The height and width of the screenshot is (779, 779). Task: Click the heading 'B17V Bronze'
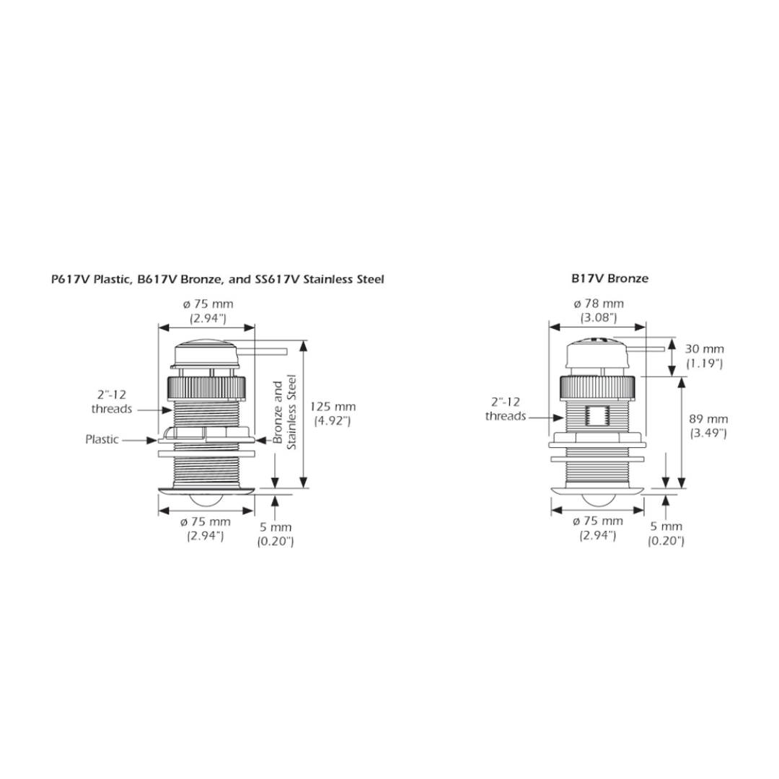tap(609, 278)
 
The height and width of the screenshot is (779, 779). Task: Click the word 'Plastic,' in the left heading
tap(112, 279)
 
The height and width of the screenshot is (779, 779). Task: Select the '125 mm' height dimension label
tap(333, 406)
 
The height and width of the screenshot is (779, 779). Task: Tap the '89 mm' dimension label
tap(708, 419)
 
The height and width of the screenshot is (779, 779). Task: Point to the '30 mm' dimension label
tap(705, 349)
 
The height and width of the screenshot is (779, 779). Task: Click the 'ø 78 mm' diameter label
tap(599, 304)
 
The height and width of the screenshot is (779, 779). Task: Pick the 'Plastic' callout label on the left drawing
tap(102, 439)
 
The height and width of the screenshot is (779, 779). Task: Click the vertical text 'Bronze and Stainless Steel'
tap(285, 413)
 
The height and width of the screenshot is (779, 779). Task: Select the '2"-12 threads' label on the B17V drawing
tap(506, 409)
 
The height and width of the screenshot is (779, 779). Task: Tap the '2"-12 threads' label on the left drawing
tap(112, 402)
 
